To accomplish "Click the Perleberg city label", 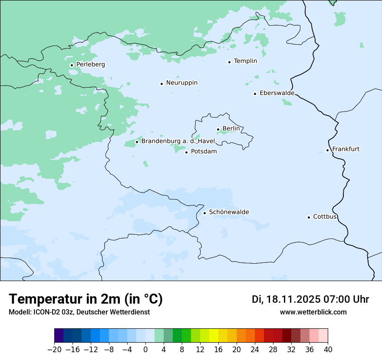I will pos(90,65).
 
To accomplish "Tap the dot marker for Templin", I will pos(229,62).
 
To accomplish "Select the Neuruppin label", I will pos(181,83).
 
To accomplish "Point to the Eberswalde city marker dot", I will pos(255,94).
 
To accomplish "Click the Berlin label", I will pos(231,129).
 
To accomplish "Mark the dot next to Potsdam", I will pos(186,152).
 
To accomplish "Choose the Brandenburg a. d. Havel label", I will pos(178,141).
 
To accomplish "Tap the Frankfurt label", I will pos(346,149).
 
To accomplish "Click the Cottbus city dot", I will pos(309,217).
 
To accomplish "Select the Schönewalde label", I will pos(229,212).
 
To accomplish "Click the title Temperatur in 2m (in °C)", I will pos(86,299).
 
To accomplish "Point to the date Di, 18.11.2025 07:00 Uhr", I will pos(310,299).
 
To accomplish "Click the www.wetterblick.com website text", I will pos(313,312).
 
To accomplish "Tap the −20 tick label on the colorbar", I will pos(54,350).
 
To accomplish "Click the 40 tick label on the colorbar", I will pos(328,350).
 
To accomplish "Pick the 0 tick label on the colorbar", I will pos(145,350).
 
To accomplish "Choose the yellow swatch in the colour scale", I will pos(214,336).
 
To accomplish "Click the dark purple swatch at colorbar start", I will pos(59,336).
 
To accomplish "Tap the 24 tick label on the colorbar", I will pos(255,350).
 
